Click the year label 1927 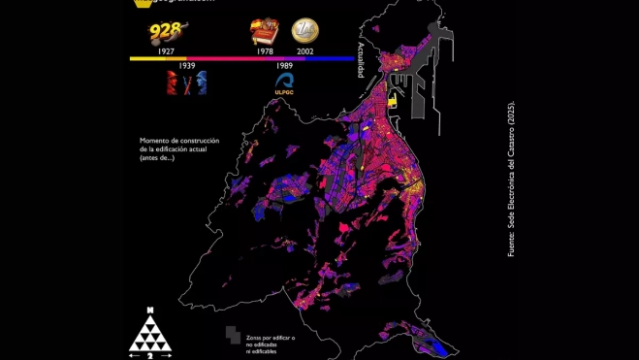(165, 49)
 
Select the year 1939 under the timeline (187, 65)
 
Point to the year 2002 (305, 49)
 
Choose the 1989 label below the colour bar (284, 65)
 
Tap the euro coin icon (305, 32)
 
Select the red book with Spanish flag (264, 33)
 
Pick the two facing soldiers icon (186, 82)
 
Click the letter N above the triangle (149, 310)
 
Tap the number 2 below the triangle (149, 356)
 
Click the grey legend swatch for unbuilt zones (232, 335)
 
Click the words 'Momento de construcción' (179, 142)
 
